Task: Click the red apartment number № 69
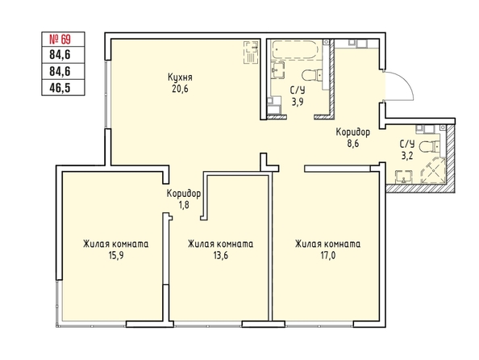60,40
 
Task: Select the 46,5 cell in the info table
63,87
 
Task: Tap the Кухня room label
180,77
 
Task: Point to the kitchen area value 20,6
180,90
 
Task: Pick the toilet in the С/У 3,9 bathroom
311,75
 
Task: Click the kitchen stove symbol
251,52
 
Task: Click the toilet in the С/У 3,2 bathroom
429,147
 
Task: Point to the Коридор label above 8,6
353,132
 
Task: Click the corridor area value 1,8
184,204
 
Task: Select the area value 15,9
116,255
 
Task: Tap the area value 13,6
221,255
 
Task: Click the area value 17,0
327,255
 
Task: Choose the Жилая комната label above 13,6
221,244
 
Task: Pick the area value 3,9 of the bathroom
298,102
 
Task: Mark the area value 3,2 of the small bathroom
407,156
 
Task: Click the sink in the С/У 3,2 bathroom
404,178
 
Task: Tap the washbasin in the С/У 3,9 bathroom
277,71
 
